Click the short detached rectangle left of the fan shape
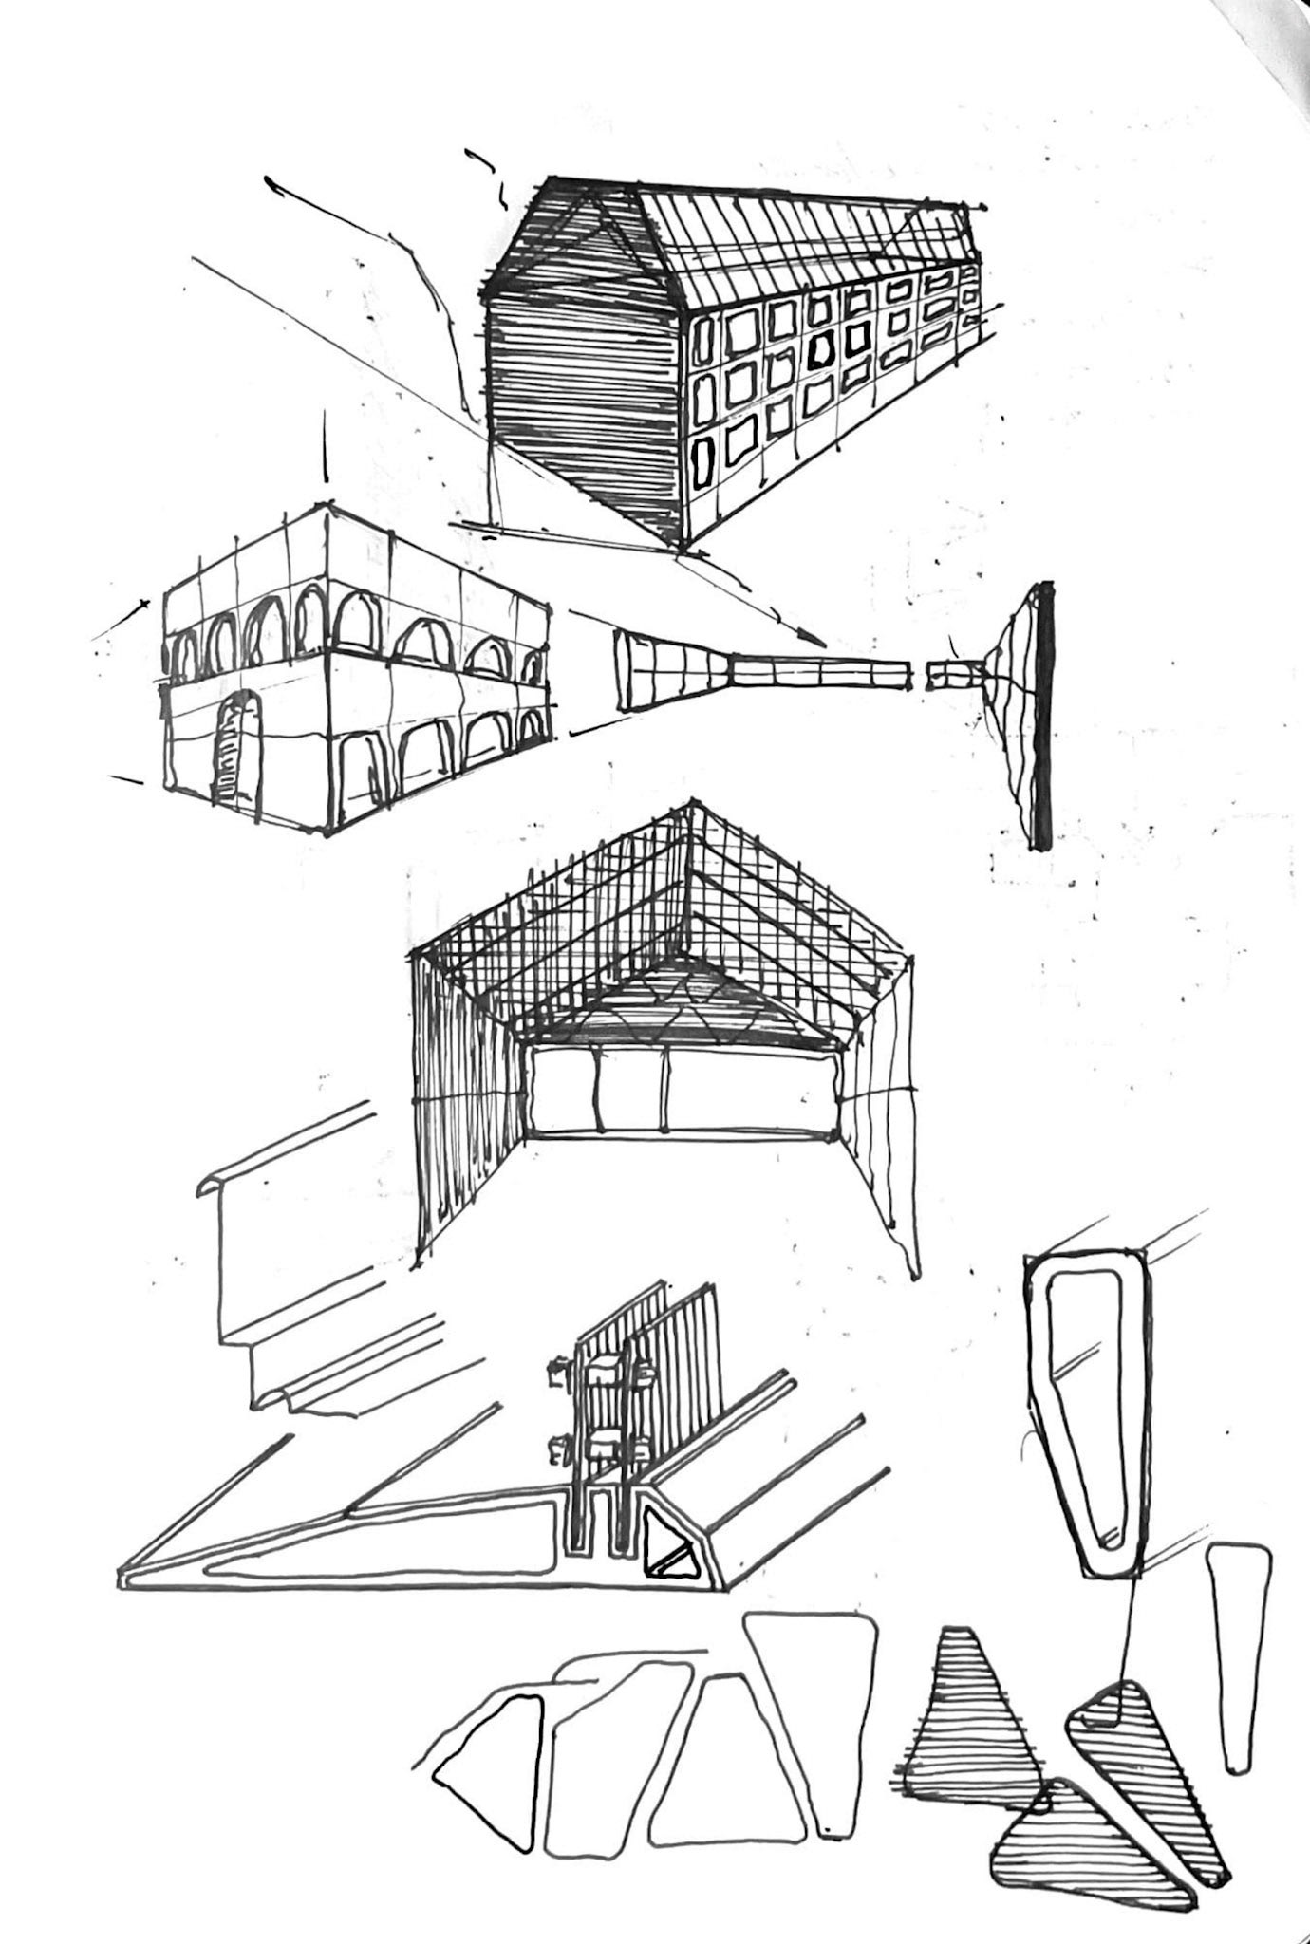pos(945,675)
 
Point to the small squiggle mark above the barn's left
pos(492,180)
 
